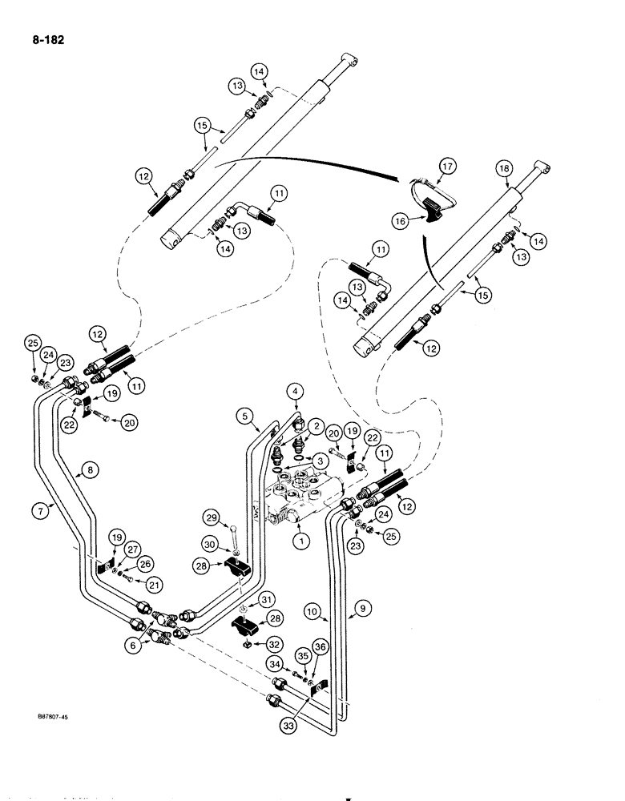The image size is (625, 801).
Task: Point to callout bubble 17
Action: tap(446, 165)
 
